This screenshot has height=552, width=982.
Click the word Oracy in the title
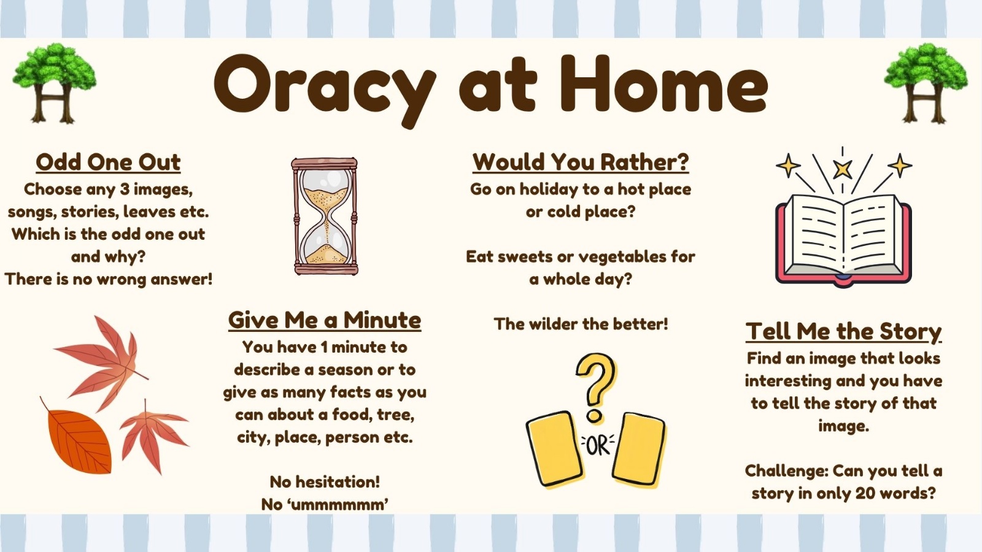point(325,88)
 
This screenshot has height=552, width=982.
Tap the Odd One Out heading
point(108,162)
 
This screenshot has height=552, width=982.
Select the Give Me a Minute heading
point(325,320)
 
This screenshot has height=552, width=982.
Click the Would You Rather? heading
point(581,162)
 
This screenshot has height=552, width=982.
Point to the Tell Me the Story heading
point(843,332)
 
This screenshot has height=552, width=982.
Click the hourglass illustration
point(325,217)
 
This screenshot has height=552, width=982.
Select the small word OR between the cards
point(598,447)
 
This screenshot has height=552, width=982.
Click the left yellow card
point(555,448)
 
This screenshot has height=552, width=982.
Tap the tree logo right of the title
point(926,83)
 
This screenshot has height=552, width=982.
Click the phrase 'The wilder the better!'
point(581,324)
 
